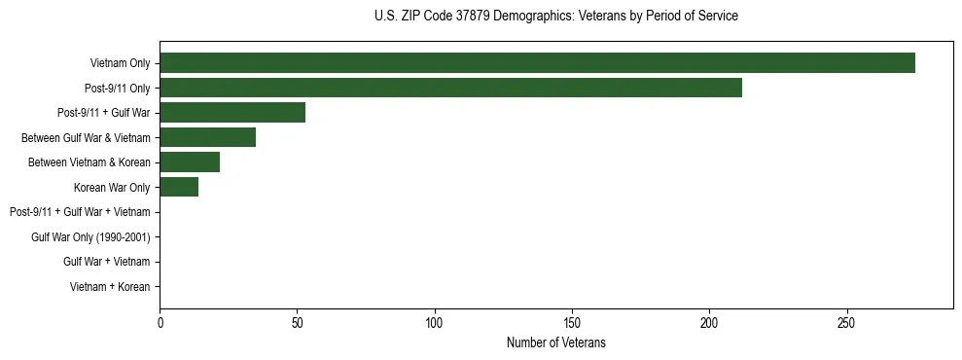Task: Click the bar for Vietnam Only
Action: pos(537,63)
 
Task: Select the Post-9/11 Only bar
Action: pos(450,88)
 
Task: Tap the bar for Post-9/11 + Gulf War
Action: pos(232,113)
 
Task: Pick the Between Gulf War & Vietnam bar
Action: pos(207,137)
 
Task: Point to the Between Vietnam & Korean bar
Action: pos(190,162)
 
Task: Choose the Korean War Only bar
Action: pos(179,187)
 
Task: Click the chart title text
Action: pos(555,17)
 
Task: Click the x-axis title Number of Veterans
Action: pos(555,342)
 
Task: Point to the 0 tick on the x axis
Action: pos(160,323)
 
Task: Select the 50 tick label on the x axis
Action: pos(297,323)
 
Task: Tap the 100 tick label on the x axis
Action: pos(435,323)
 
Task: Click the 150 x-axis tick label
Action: pos(572,323)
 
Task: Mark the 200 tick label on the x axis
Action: pos(709,323)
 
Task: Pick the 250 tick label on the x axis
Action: pos(846,323)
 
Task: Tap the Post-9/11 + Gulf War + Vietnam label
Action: pos(80,212)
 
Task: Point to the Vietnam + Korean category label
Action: pos(110,287)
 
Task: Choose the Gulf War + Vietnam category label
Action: pos(106,262)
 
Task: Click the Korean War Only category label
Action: pos(112,188)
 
